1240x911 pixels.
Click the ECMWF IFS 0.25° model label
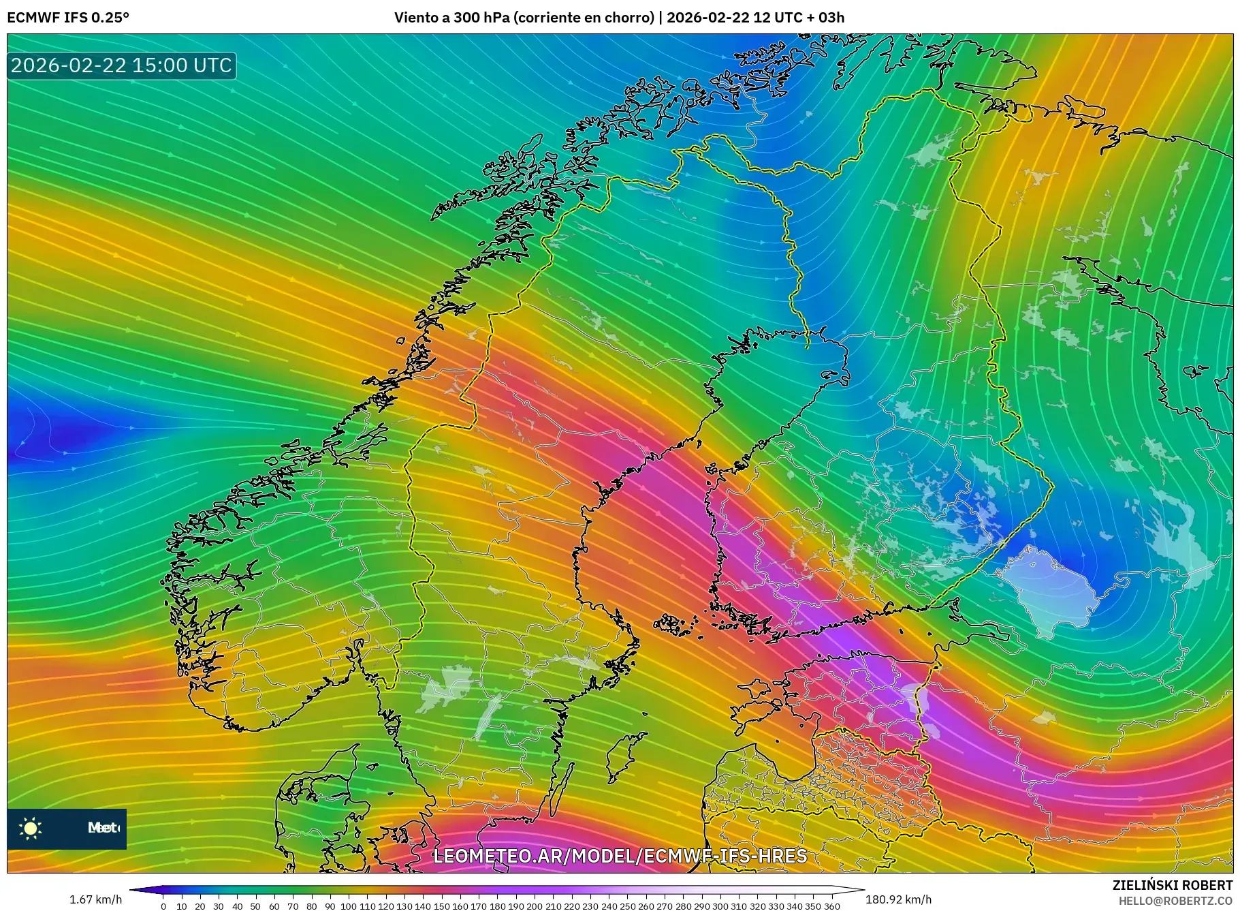68,18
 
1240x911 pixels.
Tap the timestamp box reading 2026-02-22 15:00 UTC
121,65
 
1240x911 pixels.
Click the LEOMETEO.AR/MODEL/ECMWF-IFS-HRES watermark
620,856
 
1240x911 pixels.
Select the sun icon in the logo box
31,829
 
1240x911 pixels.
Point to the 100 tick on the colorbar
349,906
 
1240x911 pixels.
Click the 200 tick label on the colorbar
535,906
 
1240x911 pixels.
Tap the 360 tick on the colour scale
832,906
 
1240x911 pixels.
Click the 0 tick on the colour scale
163,906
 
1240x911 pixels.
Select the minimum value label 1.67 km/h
96,899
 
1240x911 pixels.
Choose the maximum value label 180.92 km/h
898,899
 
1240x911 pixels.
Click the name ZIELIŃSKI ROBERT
1172,885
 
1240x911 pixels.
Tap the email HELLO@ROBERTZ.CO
1175,901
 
